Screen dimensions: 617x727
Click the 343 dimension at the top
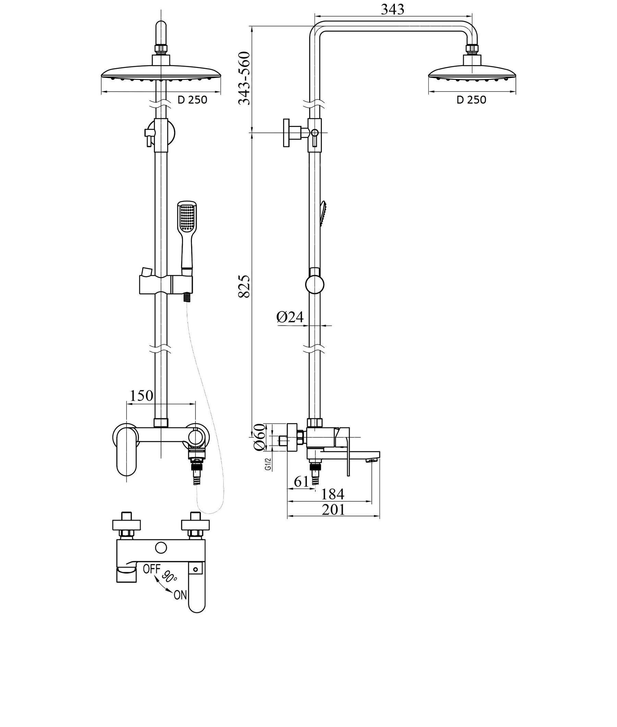(392, 9)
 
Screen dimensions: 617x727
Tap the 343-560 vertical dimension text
(244, 78)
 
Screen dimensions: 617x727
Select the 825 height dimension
(244, 286)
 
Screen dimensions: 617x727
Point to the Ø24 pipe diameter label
(290, 317)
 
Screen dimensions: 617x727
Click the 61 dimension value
(302, 482)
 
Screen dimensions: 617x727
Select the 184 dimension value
(332, 494)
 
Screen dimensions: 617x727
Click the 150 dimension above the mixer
(142, 395)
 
